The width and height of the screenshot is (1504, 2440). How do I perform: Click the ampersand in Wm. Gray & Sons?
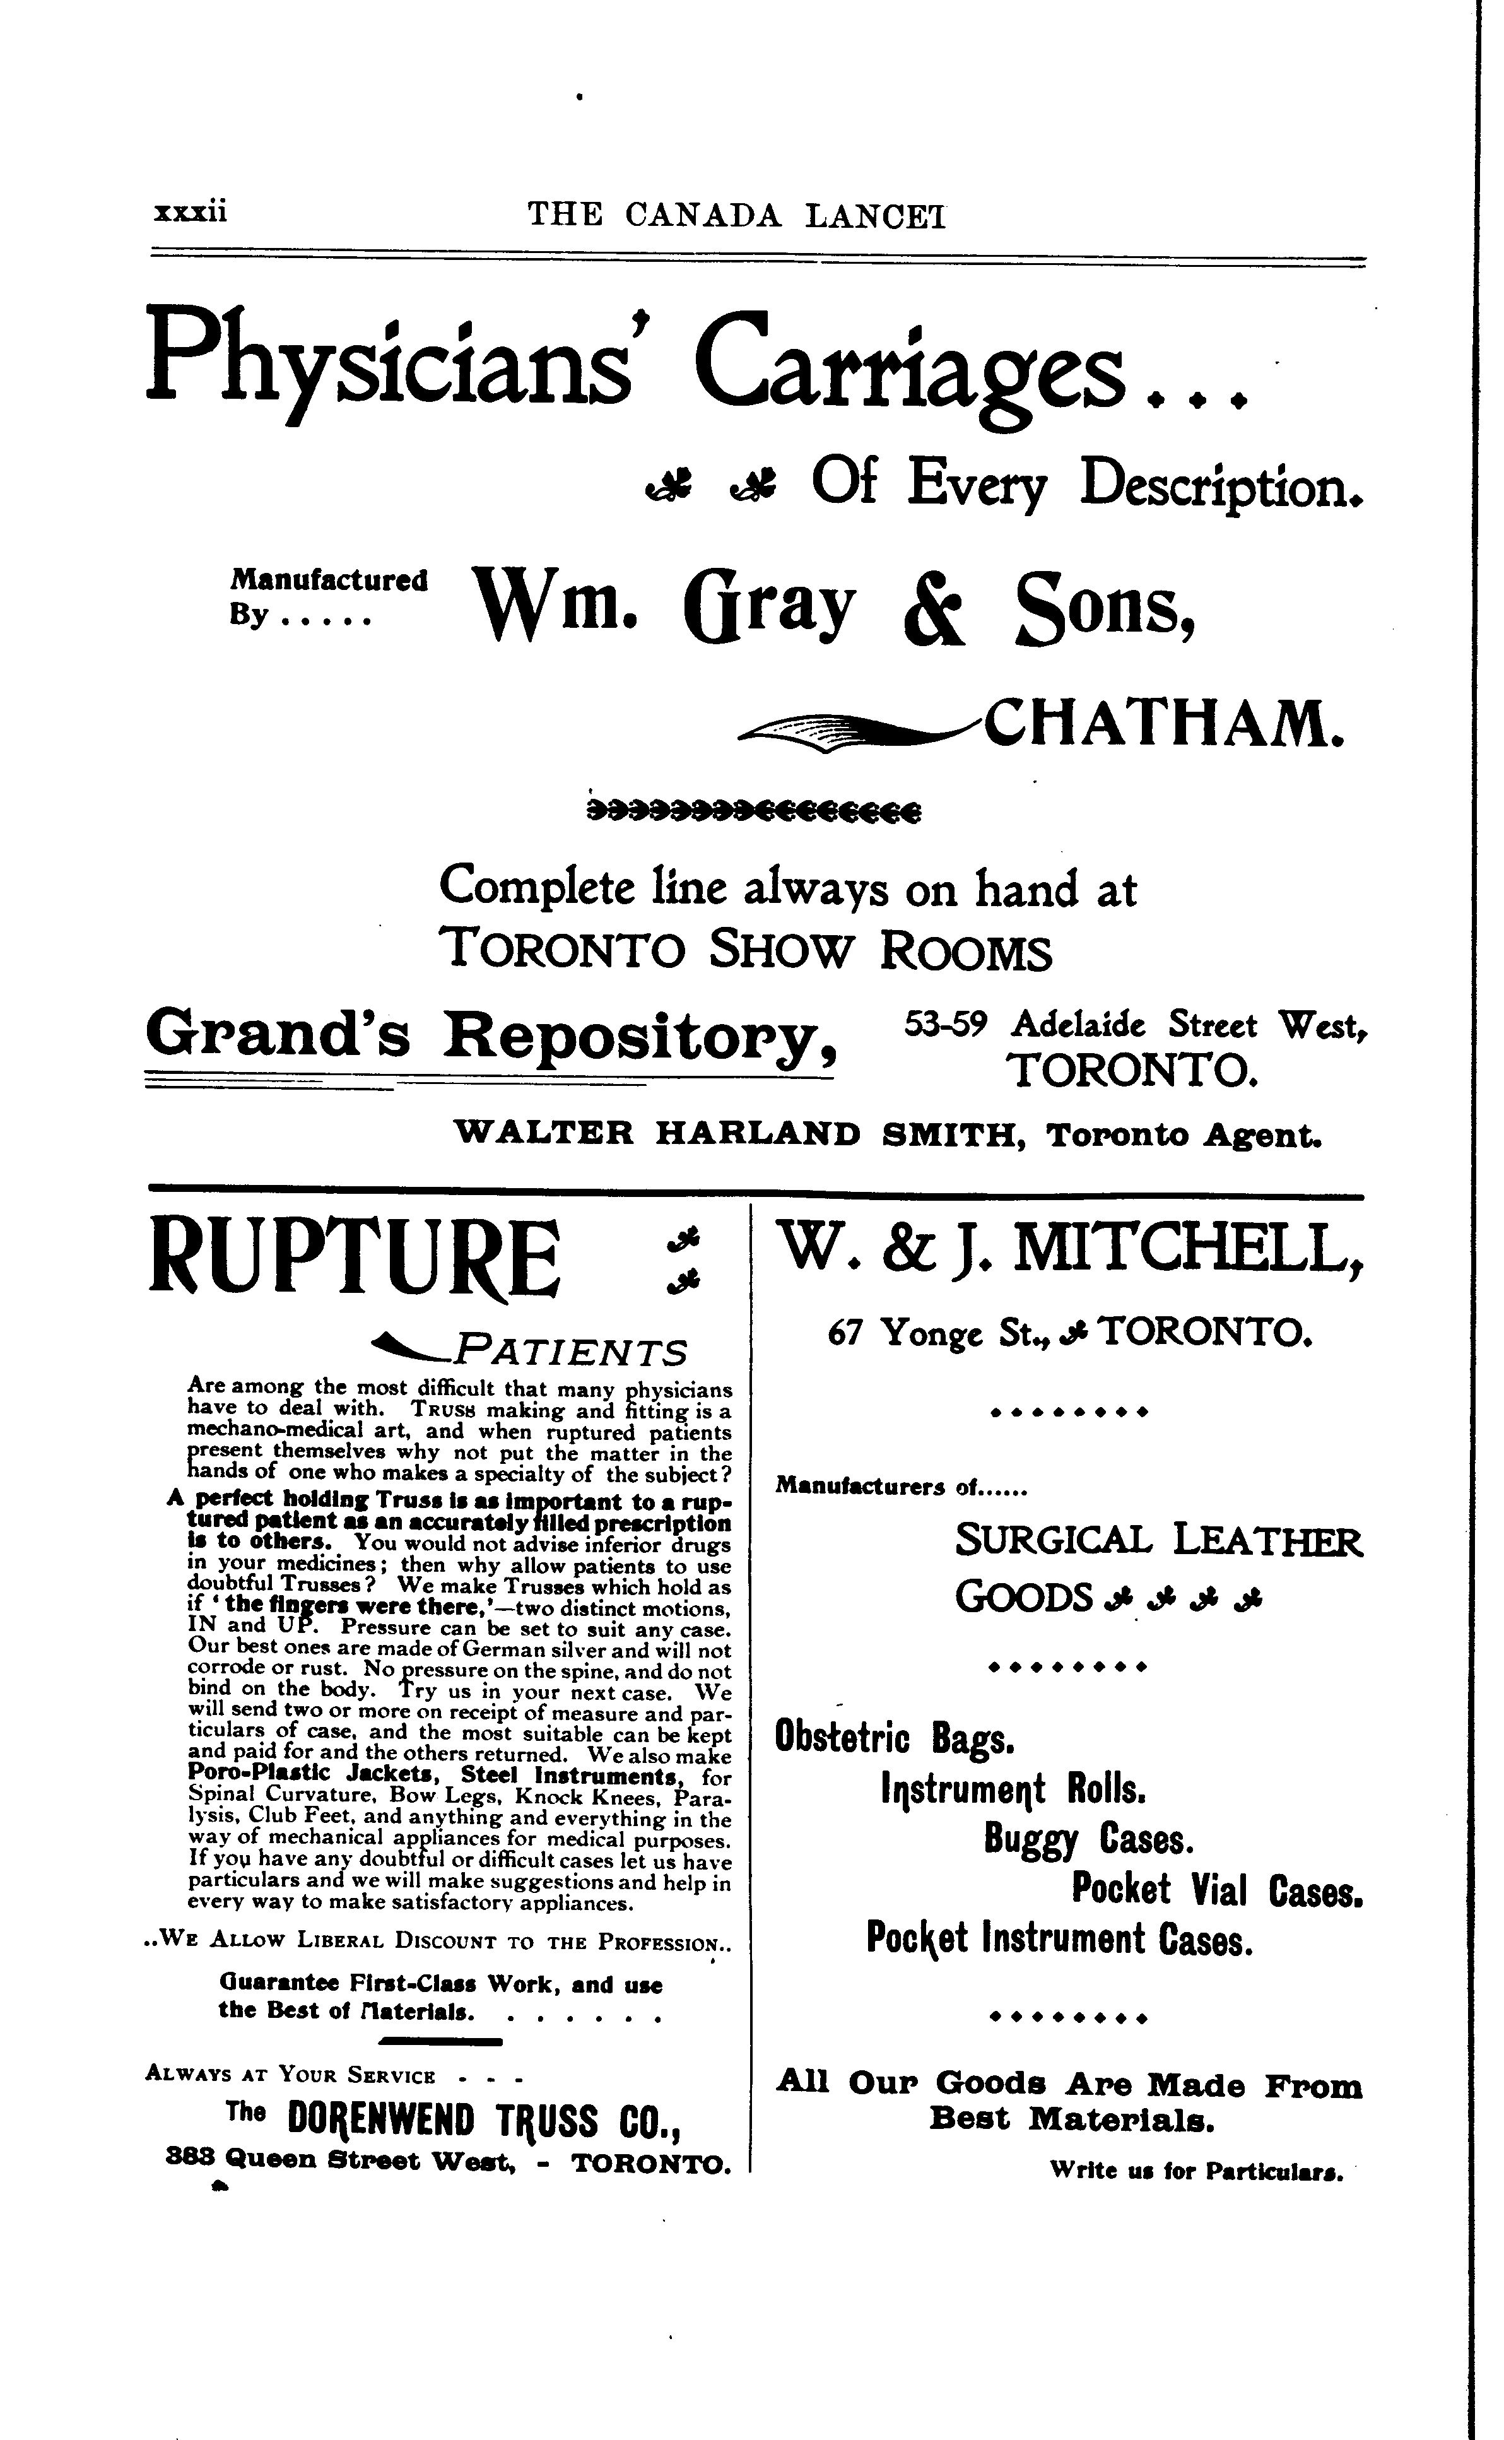coord(934,610)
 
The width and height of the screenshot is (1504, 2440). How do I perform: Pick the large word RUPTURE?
coord(354,1261)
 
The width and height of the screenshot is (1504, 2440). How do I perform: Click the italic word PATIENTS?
coord(569,1353)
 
